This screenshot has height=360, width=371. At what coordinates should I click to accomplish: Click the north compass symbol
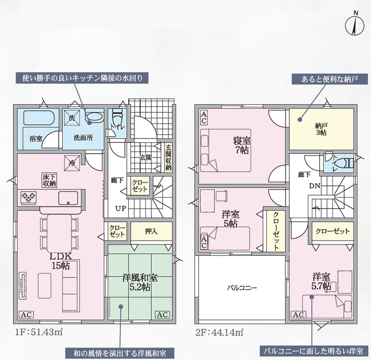[x=354, y=25]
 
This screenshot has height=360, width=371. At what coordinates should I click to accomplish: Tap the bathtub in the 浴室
[x=39, y=118]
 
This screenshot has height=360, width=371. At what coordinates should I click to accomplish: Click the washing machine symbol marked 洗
[x=72, y=117]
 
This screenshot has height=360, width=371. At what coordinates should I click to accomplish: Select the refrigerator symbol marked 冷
[x=72, y=163]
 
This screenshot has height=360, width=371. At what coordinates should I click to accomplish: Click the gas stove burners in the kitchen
[x=29, y=198]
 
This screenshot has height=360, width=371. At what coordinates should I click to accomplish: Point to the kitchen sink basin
[x=68, y=198]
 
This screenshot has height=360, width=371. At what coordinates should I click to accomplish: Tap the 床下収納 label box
[x=50, y=180]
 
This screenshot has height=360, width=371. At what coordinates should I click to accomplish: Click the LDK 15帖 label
[x=61, y=261]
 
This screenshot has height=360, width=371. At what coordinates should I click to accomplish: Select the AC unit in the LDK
[x=26, y=314]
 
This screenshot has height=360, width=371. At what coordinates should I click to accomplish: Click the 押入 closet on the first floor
[x=151, y=231]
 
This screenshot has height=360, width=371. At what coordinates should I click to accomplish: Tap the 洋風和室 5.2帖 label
[x=140, y=282]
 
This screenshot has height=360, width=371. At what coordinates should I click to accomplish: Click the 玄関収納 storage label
[x=168, y=157]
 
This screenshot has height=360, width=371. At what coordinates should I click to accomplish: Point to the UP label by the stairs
[x=121, y=209]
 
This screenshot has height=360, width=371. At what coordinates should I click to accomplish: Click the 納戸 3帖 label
[x=321, y=129]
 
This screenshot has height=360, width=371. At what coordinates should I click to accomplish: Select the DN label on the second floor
[x=315, y=186]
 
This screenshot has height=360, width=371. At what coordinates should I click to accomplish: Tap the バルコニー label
[x=242, y=288]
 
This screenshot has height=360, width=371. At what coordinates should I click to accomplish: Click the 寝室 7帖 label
[x=242, y=145]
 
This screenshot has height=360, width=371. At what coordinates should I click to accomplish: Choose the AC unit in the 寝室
[x=204, y=117]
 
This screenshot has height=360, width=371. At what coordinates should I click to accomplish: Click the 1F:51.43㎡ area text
[x=39, y=332]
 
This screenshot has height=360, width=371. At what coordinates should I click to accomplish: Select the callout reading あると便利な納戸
[x=329, y=79]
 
